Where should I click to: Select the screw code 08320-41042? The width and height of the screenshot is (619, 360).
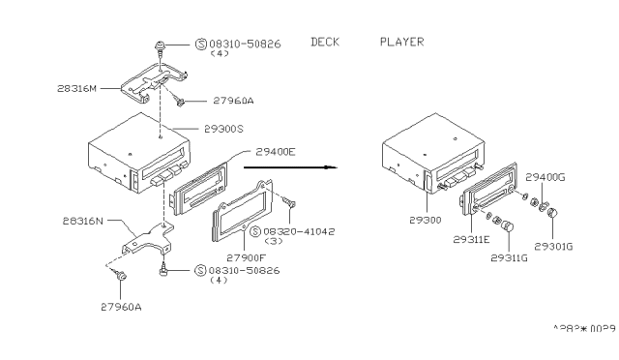point(285,232)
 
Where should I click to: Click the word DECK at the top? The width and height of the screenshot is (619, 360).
point(327,42)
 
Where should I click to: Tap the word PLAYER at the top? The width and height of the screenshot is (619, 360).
point(401,42)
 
